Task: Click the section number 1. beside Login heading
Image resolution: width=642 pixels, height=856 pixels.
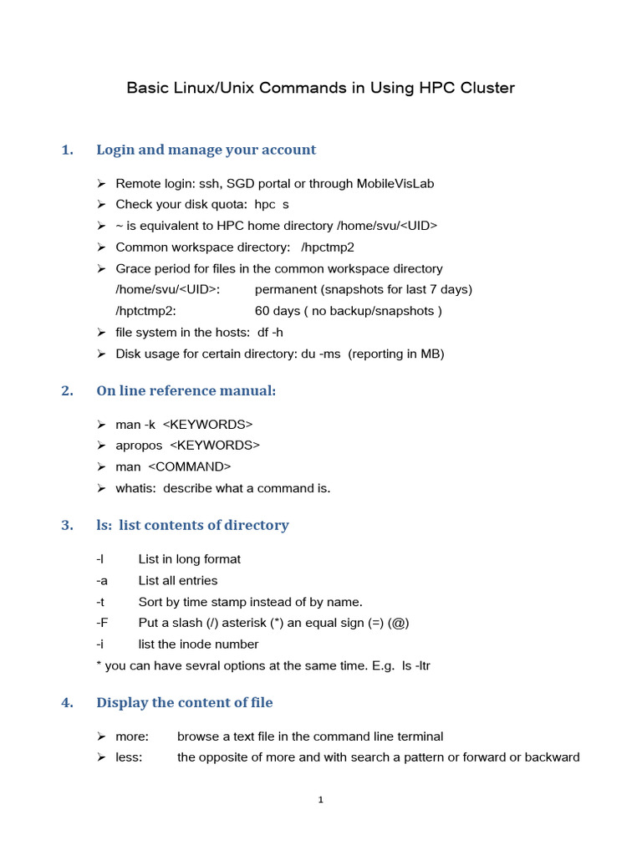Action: [x=68, y=150]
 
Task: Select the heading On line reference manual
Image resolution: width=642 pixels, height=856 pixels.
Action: [x=186, y=391]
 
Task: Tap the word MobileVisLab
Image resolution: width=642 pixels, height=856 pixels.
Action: [x=395, y=183]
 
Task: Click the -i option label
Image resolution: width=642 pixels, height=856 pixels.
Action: [x=100, y=645]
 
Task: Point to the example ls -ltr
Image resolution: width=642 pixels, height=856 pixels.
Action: [x=415, y=666]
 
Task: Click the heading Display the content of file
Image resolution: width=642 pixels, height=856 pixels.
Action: [x=184, y=703]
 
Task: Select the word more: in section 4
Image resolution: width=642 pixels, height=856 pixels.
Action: [x=132, y=736]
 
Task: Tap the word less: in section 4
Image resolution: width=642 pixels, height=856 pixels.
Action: [x=129, y=757]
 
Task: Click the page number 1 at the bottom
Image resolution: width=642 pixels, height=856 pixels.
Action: [x=320, y=801]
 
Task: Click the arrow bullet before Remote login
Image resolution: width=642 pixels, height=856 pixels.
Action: [x=100, y=183]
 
